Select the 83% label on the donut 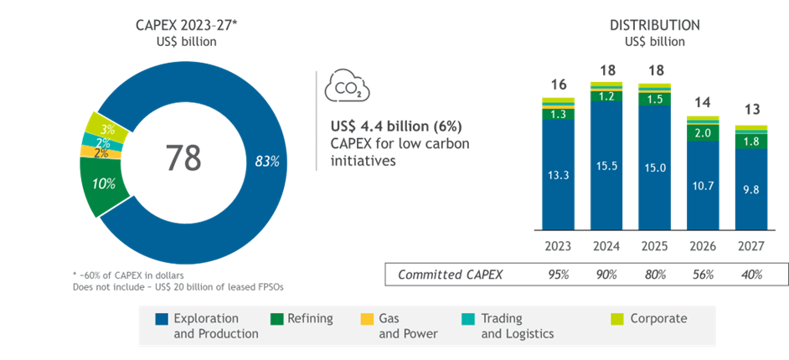[266, 162]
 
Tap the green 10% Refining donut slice [105, 183]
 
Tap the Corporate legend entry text [658, 319]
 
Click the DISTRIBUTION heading [654, 25]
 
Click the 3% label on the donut [107, 130]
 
